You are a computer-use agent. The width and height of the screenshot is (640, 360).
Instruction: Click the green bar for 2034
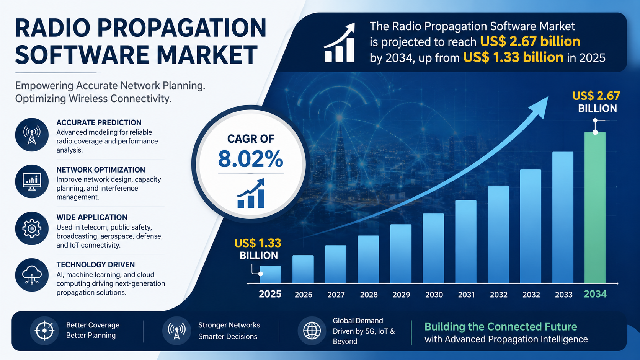[595, 208]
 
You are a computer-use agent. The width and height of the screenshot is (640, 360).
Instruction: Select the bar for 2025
[270, 274]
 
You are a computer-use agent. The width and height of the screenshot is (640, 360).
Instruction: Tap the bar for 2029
[401, 254]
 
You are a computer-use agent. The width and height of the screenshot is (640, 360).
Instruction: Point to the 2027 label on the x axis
[336, 295]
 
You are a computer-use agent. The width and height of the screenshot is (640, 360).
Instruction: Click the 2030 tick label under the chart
[434, 295]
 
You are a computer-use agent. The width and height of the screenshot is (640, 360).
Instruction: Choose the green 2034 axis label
[595, 294]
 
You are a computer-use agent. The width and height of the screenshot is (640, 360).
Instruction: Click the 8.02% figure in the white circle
[251, 159]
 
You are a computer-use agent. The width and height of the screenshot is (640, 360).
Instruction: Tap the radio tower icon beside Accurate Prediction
[32, 135]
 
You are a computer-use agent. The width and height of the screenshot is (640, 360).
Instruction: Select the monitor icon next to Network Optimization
[32, 182]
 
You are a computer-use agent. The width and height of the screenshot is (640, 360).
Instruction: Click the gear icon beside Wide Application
[32, 228]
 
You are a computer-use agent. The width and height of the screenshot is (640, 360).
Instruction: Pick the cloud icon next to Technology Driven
[32, 275]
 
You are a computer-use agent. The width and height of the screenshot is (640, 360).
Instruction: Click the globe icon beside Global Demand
[312, 331]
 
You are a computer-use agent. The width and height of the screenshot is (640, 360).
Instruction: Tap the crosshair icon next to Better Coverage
[44, 331]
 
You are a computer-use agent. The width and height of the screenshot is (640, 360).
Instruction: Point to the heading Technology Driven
[95, 265]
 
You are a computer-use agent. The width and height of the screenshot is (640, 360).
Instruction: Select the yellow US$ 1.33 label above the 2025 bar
[258, 243]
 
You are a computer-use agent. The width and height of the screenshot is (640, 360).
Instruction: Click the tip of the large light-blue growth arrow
[548, 97]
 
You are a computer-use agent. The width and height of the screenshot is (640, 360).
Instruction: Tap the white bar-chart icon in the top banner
[340, 43]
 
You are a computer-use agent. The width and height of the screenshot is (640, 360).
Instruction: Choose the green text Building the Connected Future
[501, 327]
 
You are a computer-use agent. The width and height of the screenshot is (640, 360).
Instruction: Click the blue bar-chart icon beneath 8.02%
[251, 193]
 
